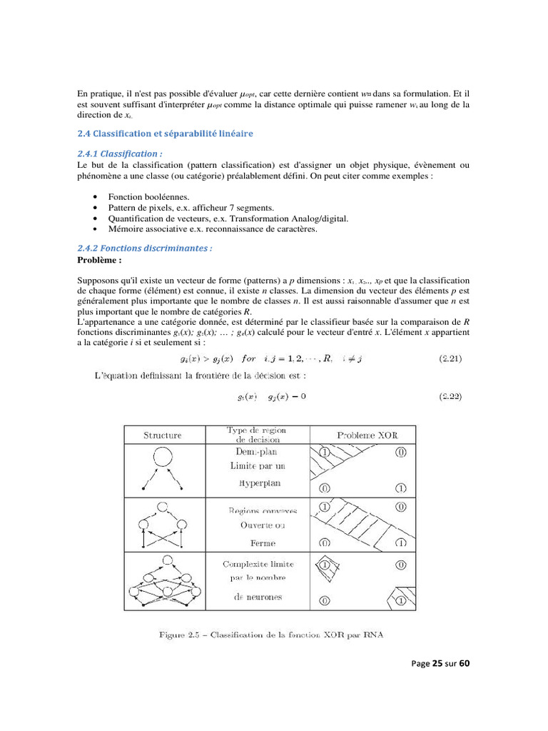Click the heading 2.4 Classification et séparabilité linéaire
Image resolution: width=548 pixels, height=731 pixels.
coord(164,133)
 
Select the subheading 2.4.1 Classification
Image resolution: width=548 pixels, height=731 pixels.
coord(119,153)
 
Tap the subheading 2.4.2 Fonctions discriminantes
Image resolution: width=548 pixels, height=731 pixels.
coord(144,248)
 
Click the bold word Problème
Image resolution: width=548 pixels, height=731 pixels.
coord(99,260)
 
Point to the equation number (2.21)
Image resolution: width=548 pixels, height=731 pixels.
coord(449,358)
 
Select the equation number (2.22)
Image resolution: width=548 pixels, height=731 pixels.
coord(449,395)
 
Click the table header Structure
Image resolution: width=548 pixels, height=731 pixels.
coord(163,435)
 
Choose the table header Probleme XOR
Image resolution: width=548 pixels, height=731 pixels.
coord(367,435)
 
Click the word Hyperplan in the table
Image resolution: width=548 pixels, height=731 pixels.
coord(258,483)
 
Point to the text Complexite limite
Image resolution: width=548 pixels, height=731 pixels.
coord(258,564)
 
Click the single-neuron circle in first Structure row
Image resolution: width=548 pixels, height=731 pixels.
coord(163,457)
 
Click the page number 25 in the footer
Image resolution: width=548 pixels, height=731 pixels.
coord(437,663)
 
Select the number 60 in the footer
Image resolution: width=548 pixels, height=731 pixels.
coord(464,663)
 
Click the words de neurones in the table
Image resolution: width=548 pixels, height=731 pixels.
coord(258,597)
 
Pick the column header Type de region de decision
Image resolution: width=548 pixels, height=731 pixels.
coord(257,435)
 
